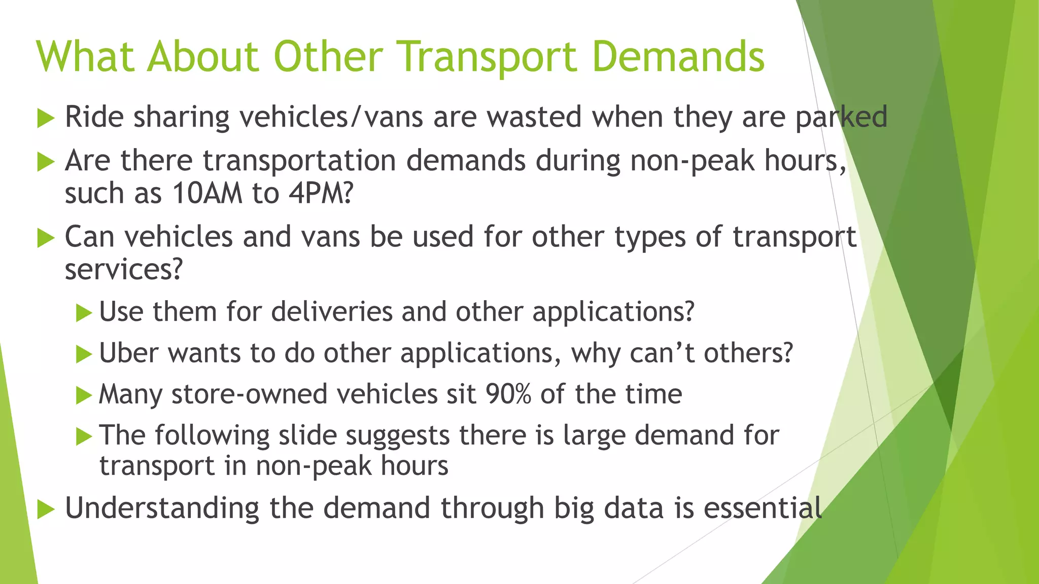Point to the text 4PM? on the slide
coord(321,194)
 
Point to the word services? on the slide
coord(123,269)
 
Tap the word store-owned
coord(250,394)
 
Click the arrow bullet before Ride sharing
coord(46,119)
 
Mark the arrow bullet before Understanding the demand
coord(46,509)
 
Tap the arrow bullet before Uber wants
coord(84,354)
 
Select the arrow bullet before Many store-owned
coord(84,395)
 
